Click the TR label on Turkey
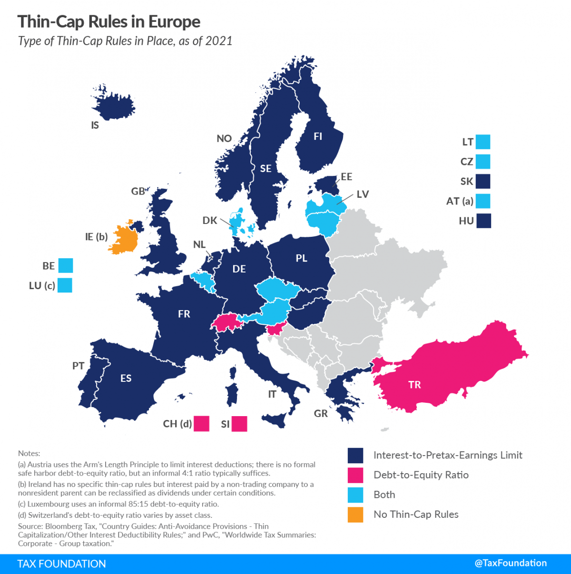click(x=414, y=385)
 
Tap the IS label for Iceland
click(x=95, y=126)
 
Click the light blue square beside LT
click(x=483, y=142)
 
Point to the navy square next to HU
click(x=483, y=221)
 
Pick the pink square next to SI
click(x=239, y=424)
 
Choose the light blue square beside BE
click(x=65, y=265)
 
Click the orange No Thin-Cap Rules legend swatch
click(x=355, y=515)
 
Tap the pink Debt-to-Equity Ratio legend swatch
click(x=355, y=475)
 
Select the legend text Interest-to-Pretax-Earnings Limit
click(x=448, y=455)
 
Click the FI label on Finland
click(x=318, y=136)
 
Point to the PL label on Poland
click(x=301, y=258)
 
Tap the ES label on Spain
click(x=126, y=379)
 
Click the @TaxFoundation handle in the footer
click(x=511, y=563)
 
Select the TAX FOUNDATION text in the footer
click(x=62, y=564)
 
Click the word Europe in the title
click(x=174, y=22)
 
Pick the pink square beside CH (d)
click(x=201, y=424)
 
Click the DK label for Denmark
click(x=210, y=221)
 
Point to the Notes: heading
click(x=29, y=453)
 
